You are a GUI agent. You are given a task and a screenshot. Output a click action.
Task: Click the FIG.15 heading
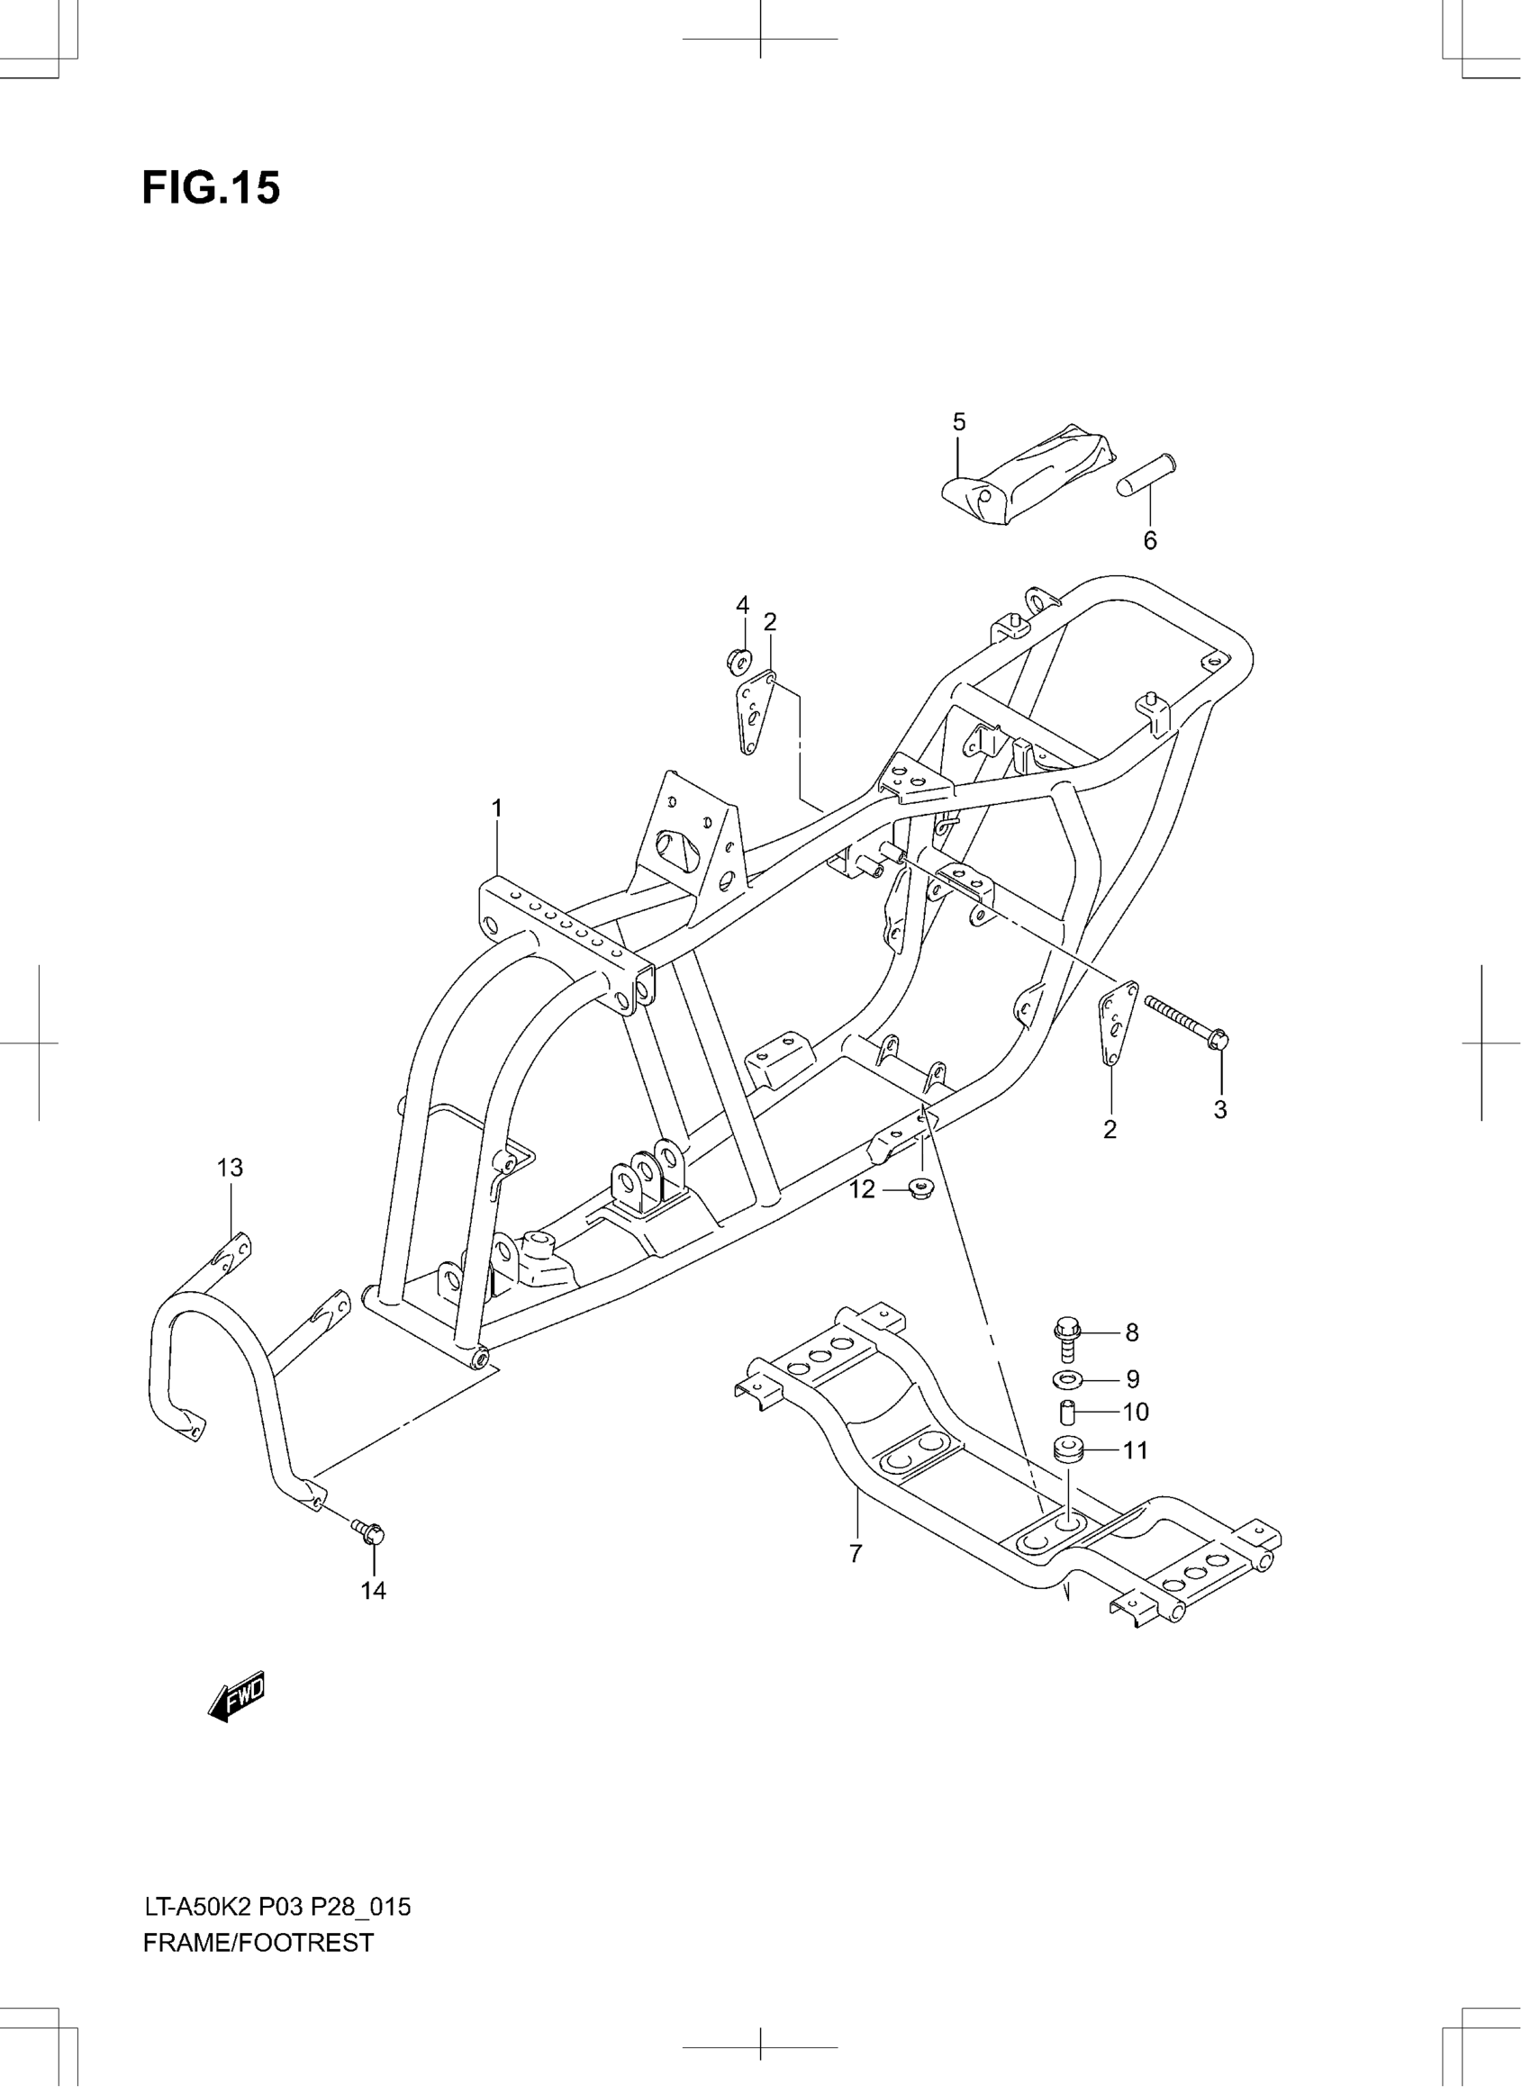click(211, 188)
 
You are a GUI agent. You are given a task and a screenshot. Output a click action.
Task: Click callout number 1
click(497, 808)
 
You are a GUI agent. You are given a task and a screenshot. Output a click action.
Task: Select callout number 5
click(959, 422)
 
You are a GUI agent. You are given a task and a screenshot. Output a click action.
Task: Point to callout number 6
click(1150, 540)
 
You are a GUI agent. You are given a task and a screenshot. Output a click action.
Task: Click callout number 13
click(230, 1169)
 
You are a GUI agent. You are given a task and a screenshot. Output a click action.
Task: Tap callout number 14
click(374, 1591)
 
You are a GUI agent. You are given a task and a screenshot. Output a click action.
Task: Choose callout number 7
click(856, 1554)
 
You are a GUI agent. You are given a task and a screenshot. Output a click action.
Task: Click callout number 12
click(862, 1189)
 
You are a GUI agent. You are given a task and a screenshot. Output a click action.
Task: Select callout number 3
click(1220, 1109)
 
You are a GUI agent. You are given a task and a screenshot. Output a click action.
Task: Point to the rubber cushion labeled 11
click(1069, 1450)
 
